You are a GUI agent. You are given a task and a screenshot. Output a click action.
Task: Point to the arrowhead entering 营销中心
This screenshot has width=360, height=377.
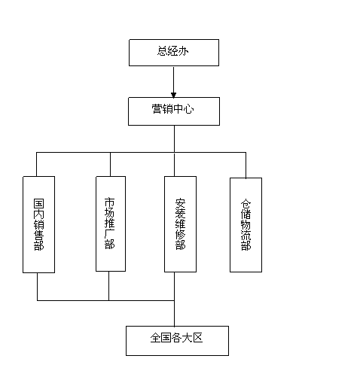173,95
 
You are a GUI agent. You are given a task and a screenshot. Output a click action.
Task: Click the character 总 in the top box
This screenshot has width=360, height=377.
163,51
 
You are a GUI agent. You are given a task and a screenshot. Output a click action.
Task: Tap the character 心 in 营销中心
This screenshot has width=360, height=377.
188,109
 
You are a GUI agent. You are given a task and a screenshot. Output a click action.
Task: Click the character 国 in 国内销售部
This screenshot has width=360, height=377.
39,204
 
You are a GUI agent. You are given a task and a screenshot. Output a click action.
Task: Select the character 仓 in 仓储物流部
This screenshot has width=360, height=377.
246,204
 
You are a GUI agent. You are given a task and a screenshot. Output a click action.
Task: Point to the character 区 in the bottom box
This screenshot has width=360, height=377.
197,338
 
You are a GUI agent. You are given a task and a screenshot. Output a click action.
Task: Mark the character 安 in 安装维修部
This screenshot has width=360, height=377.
180,203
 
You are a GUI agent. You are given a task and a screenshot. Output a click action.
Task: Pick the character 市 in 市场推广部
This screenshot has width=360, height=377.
110,202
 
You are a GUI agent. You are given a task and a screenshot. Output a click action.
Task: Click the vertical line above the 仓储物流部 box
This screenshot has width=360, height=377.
246,165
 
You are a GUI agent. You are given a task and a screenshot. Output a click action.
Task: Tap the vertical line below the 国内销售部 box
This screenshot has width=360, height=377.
38,287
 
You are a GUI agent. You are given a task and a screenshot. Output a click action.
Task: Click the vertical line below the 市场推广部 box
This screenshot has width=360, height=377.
108,286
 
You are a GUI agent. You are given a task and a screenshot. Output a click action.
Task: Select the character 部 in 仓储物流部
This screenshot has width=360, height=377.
246,246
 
